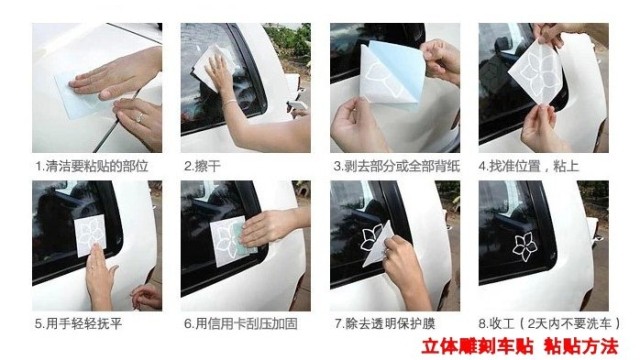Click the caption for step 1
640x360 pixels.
[x=91, y=167]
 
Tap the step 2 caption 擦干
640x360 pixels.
[x=202, y=167]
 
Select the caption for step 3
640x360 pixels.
[x=396, y=167]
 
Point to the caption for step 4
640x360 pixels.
[x=529, y=167]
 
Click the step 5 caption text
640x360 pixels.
[x=78, y=324]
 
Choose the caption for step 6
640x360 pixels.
[x=240, y=324]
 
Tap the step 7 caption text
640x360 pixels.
[x=385, y=324]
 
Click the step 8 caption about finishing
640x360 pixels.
[x=549, y=324]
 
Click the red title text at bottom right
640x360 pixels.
[x=520, y=347]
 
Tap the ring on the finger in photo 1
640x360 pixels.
[x=140, y=118]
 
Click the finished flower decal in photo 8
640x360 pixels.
[x=524, y=246]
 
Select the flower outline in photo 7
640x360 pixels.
[x=371, y=237]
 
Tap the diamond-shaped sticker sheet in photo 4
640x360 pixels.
[x=536, y=72]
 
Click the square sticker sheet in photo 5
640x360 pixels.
[x=90, y=236]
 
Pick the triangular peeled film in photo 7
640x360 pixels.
[x=377, y=245]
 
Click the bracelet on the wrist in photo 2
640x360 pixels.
[x=230, y=102]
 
